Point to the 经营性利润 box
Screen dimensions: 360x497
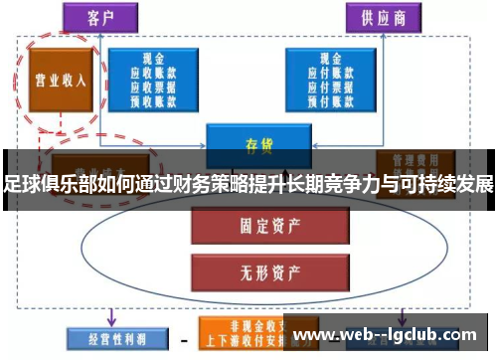click(108, 339)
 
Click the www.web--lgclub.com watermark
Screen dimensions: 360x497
click(391, 335)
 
